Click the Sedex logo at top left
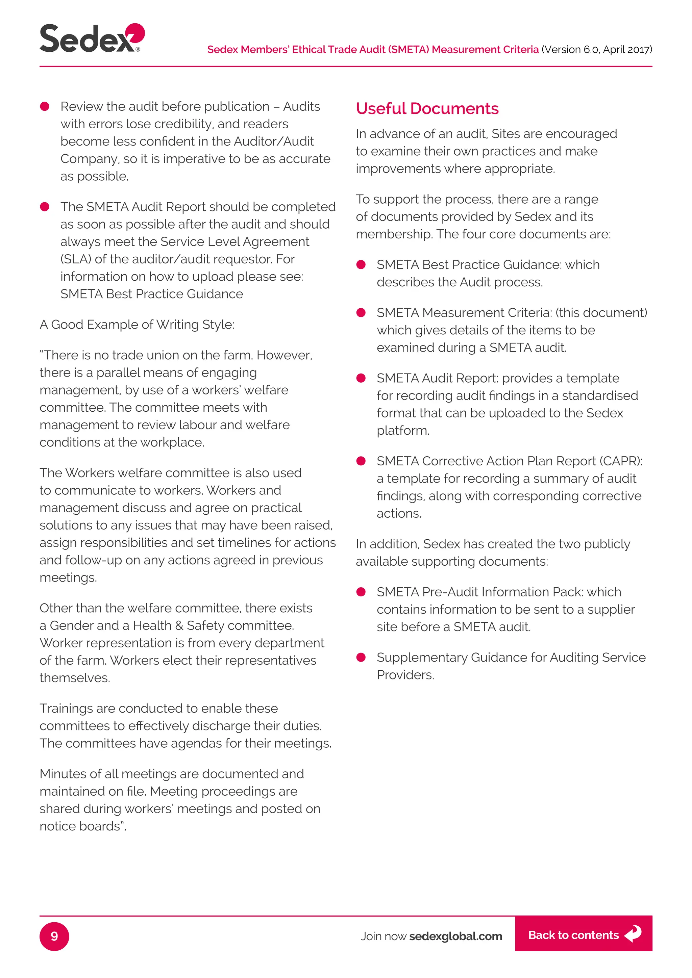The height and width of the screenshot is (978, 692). tap(92, 38)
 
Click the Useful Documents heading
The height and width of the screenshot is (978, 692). tap(427, 109)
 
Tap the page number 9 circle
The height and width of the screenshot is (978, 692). tap(54, 936)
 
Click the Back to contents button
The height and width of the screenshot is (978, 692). tap(583, 935)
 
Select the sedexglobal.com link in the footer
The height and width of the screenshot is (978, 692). tap(455, 936)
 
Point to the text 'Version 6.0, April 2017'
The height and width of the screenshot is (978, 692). tap(597, 50)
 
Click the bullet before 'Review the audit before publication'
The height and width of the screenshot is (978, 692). tap(45, 106)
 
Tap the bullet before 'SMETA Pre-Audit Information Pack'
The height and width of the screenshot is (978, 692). tap(361, 592)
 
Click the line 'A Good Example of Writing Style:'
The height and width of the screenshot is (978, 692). tap(137, 325)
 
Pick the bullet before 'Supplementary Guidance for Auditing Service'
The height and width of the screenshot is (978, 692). tap(361, 657)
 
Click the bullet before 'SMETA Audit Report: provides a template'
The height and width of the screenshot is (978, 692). tap(361, 378)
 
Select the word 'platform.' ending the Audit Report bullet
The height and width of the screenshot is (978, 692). tap(403, 431)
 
